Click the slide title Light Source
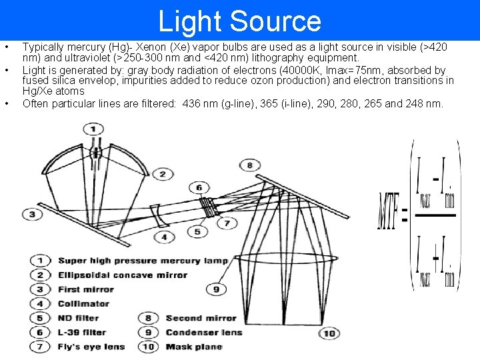pyautogui.click(x=239, y=21)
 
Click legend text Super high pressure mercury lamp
pyautogui.click(x=142, y=261)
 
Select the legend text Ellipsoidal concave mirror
pyautogui.click(x=123, y=275)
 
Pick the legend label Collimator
pyautogui.click(x=83, y=303)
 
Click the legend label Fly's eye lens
pyautogui.click(x=91, y=346)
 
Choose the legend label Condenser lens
pyautogui.click(x=203, y=332)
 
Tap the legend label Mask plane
pyautogui.click(x=193, y=346)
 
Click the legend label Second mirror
pyautogui.click(x=201, y=318)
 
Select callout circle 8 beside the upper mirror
pyautogui.click(x=249, y=165)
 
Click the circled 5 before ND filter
pyautogui.click(x=41, y=318)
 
